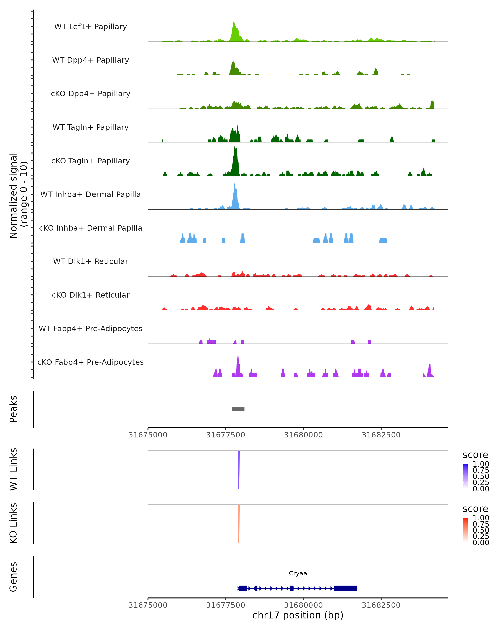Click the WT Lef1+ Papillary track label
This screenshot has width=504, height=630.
coord(91,27)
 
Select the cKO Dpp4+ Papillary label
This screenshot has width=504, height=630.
coord(91,94)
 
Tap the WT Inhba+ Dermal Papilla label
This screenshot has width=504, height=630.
coord(91,195)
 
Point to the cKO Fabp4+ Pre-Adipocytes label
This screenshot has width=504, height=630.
coord(91,362)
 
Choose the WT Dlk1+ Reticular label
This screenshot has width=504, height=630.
coord(91,261)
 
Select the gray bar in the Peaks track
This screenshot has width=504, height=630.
coord(238,409)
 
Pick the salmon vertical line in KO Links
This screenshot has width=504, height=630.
coord(239,523)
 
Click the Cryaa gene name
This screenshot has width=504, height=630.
coord(298,573)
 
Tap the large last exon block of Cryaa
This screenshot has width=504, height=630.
coord(345,588)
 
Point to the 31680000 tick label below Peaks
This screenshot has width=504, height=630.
coord(303,435)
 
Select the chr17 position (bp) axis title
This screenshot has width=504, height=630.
coord(298,615)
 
